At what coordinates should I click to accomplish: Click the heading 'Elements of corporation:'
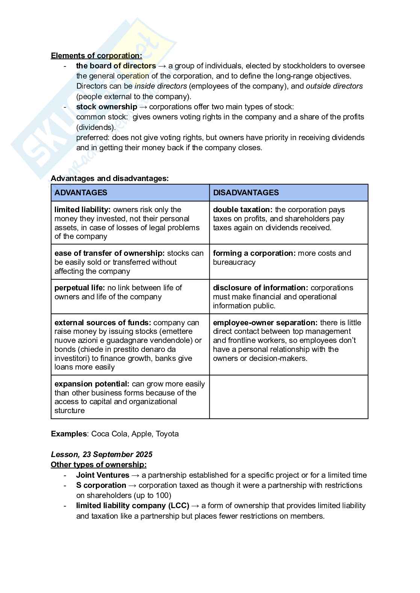coord(97,56)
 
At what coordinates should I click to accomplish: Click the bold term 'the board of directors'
coord(116,66)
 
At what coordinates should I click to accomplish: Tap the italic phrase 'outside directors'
coord(334,86)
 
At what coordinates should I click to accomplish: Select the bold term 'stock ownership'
coord(106,107)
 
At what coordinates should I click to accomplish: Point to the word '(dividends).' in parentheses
coord(96,127)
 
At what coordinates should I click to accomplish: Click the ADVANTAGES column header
coord(81,193)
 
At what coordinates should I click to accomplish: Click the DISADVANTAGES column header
coord(246,193)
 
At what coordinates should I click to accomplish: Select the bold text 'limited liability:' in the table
coord(82,210)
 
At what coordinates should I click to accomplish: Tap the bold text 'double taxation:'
coord(242,210)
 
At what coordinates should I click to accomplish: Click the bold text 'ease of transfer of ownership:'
coord(109,253)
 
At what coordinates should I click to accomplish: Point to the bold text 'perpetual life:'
coord(80,288)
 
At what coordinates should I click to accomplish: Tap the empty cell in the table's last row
coord(289,397)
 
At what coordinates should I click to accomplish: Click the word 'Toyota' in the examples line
coord(167,434)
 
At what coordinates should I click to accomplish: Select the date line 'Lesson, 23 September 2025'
coord(101,454)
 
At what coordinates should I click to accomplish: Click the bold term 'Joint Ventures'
coord(103,475)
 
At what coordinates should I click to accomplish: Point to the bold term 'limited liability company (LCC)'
coord(132,505)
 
